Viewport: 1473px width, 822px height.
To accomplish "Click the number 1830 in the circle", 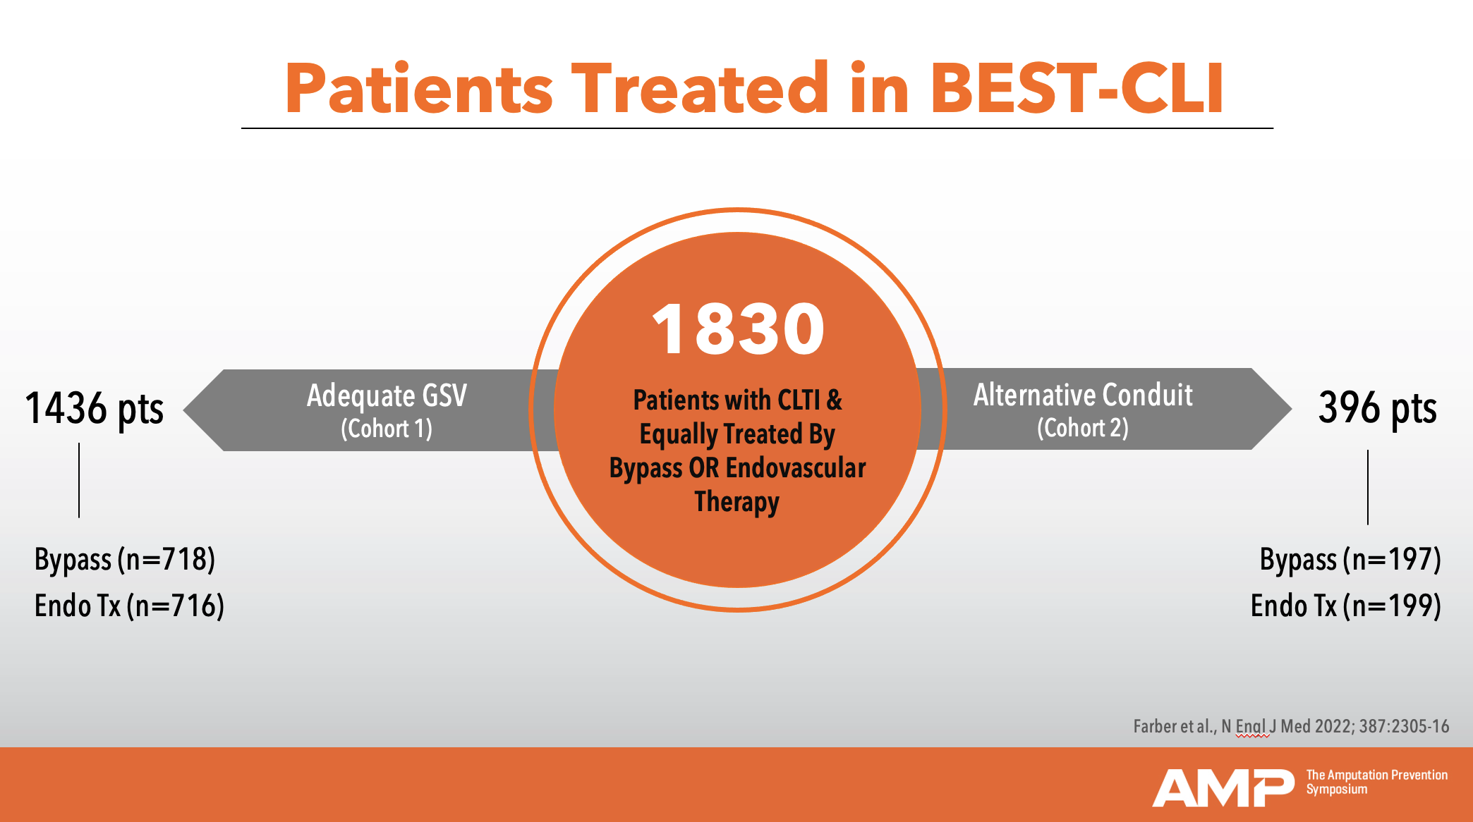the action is pyautogui.click(x=738, y=329).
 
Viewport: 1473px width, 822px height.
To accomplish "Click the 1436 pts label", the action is pyautogui.click(x=94, y=409).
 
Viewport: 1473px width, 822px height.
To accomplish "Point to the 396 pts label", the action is pyautogui.click(x=1377, y=408).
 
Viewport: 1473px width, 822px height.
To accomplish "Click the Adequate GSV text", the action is pyautogui.click(x=387, y=396).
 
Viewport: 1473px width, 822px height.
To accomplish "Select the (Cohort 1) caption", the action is pyautogui.click(x=387, y=429).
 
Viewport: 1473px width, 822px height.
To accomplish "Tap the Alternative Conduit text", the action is pyautogui.click(x=1083, y=395).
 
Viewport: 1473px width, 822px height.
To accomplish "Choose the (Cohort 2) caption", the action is pyautogui.click(x=1083, y=428).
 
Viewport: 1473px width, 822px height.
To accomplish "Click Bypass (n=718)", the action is pyautogui.click(x=125, y=560).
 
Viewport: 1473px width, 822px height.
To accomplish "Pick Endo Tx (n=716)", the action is pyautogui.click(x=129, y=606).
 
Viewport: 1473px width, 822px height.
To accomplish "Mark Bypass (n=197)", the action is pyautogui.click(x=1350, y=560).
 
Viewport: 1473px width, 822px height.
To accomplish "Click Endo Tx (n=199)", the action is pyautogui.click(x=1346, y=606).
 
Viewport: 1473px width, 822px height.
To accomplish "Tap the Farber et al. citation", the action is pyautogui.click(x=1291, y=726).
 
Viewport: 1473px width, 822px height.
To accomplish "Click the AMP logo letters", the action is pyautogui.click(x=1223, y=788).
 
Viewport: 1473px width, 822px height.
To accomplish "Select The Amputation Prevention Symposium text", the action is pyautogui.click(x=1376, y=782).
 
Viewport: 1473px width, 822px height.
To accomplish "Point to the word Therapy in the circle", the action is pyautogui.click(x=737, y=502).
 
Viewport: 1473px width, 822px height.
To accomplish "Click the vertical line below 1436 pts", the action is pyautogui.click(x=79, y=480).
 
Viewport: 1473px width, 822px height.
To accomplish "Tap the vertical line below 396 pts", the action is pyautogui.click(x=1368, y=487).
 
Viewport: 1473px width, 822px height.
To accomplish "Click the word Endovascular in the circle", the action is pyautogui.click(x=796, y=468).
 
